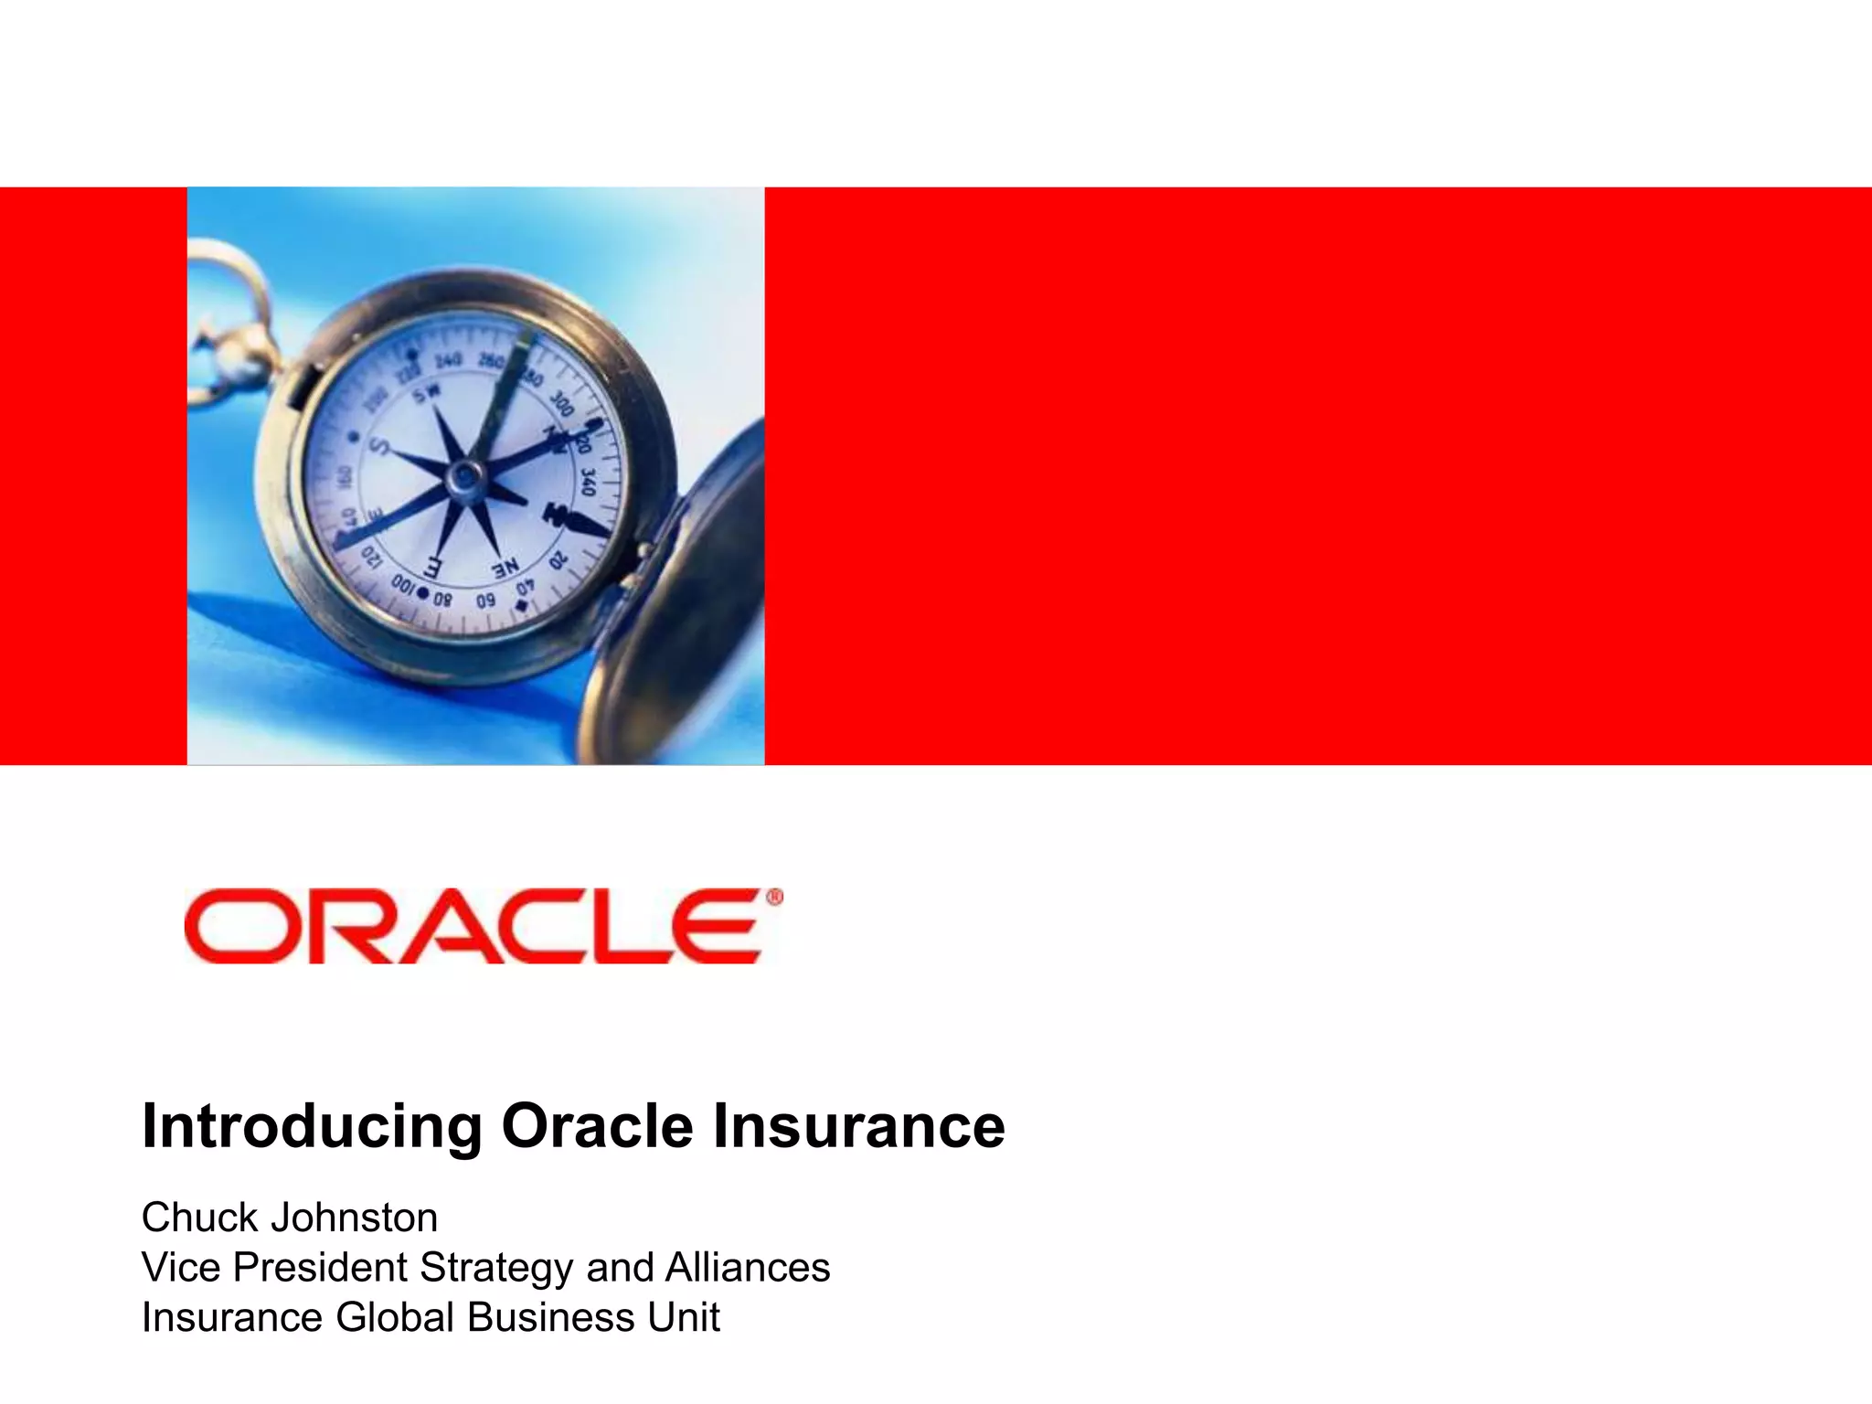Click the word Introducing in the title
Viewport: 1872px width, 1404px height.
coord(311,1127)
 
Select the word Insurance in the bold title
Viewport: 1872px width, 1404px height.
coord(858,1127)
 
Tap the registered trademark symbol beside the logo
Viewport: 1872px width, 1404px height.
coord(773,899)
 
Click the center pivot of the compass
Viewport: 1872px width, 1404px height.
coord(464,475)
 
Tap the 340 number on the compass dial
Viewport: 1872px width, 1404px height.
coord(587,481)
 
